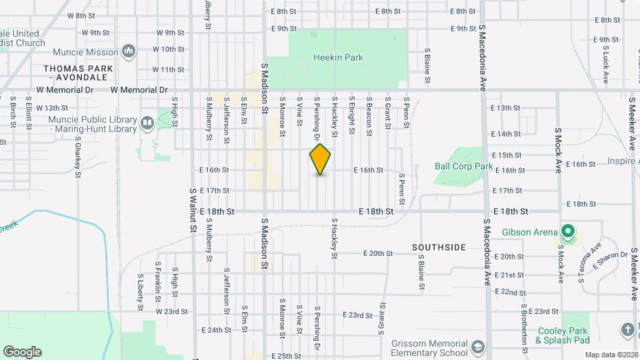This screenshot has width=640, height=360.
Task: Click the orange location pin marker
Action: pyautogui.click(x=321, y=159)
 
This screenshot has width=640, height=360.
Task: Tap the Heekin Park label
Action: pyautogui.click(x=338, y=58)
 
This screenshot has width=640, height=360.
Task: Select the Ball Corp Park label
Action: pyautogui.click(x=463, y=166)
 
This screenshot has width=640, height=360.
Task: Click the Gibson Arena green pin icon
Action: pyautogui.click(x=567, y=232)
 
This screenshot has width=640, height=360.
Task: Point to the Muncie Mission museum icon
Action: pyautogui.click(x=129, y=51)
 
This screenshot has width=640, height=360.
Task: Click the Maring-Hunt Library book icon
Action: pyautogui.click(x=147, y=123)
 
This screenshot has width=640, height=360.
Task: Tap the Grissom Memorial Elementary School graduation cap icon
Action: pyautogui.click(x=477, y=347)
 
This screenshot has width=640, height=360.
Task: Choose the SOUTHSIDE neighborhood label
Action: pyautogui.click(x=439, y=247)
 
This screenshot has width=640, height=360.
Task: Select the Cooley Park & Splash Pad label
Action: pyautogui.click(x=562, y=335)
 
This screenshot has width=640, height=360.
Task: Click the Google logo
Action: pyautogui.click(x=22, y=352)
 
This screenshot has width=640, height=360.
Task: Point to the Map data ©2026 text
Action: pyautogui.click(x=611, y=355)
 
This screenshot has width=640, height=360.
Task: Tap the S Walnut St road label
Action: pyautogui.click(x=193, y=210)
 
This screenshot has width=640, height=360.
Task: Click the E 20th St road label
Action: pyautogui.click(x=378, y=253)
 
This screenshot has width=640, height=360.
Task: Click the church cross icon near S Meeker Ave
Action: pyautogui.click(x=627, y=330)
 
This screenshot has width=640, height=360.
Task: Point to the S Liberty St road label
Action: pyautogui.click(x=140, y=292)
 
